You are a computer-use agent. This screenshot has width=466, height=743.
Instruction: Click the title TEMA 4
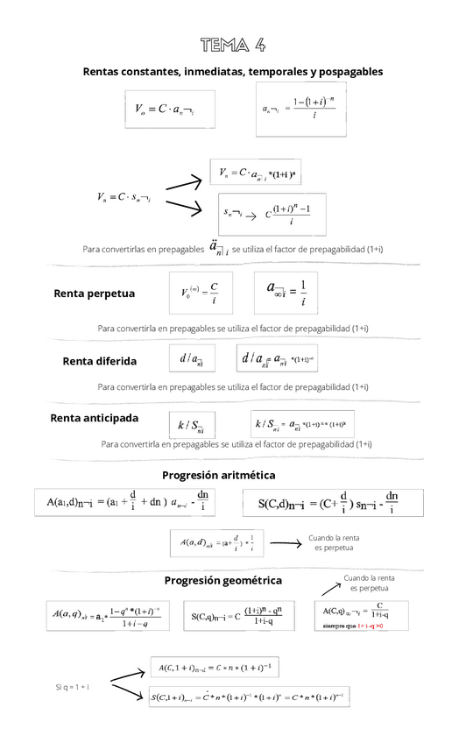tap(232, 45)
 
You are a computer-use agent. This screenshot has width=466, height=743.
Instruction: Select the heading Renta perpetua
tap(94, 293)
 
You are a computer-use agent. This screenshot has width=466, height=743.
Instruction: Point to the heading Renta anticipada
tap(95, 418)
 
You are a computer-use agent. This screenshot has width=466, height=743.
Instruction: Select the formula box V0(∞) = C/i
tap(199, 294)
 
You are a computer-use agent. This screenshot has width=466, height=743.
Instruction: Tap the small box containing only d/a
tap(191, 358)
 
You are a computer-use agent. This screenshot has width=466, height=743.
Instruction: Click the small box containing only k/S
tap(190, 426)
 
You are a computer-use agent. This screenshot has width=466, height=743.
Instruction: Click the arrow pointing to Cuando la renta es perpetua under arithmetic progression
tap(285, 544)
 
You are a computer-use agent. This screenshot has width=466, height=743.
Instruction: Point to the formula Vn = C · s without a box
tap(124, 198)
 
